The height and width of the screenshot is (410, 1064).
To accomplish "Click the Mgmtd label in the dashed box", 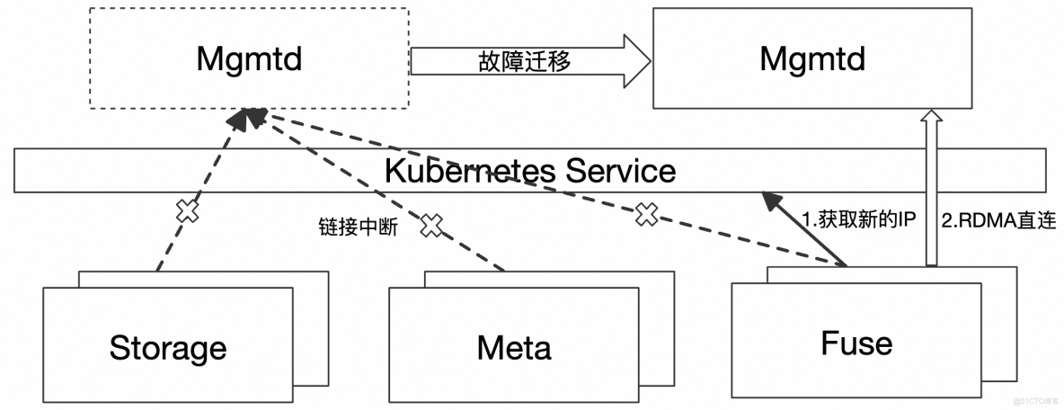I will [249, 60].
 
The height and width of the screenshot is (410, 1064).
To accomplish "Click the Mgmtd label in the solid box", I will [811, 60].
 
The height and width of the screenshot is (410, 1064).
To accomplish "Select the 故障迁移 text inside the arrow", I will [524, 61].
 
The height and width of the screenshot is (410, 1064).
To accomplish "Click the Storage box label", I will [168, 347].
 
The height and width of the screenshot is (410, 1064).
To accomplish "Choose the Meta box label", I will [514, 347].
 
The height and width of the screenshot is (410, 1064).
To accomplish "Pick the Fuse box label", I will [856, 343].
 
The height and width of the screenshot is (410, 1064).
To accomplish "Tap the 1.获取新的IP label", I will [857, 219].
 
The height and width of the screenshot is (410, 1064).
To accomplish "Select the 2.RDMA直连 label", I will [997, 219].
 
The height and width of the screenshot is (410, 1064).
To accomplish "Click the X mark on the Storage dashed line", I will [186, 211].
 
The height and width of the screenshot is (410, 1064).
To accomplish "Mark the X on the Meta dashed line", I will [432, 225].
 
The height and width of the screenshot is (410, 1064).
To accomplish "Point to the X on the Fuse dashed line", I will [645, 214].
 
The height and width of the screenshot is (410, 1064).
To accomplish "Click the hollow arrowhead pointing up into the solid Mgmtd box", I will [932, 117].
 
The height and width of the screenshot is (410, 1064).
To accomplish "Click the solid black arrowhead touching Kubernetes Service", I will [771, 200].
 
